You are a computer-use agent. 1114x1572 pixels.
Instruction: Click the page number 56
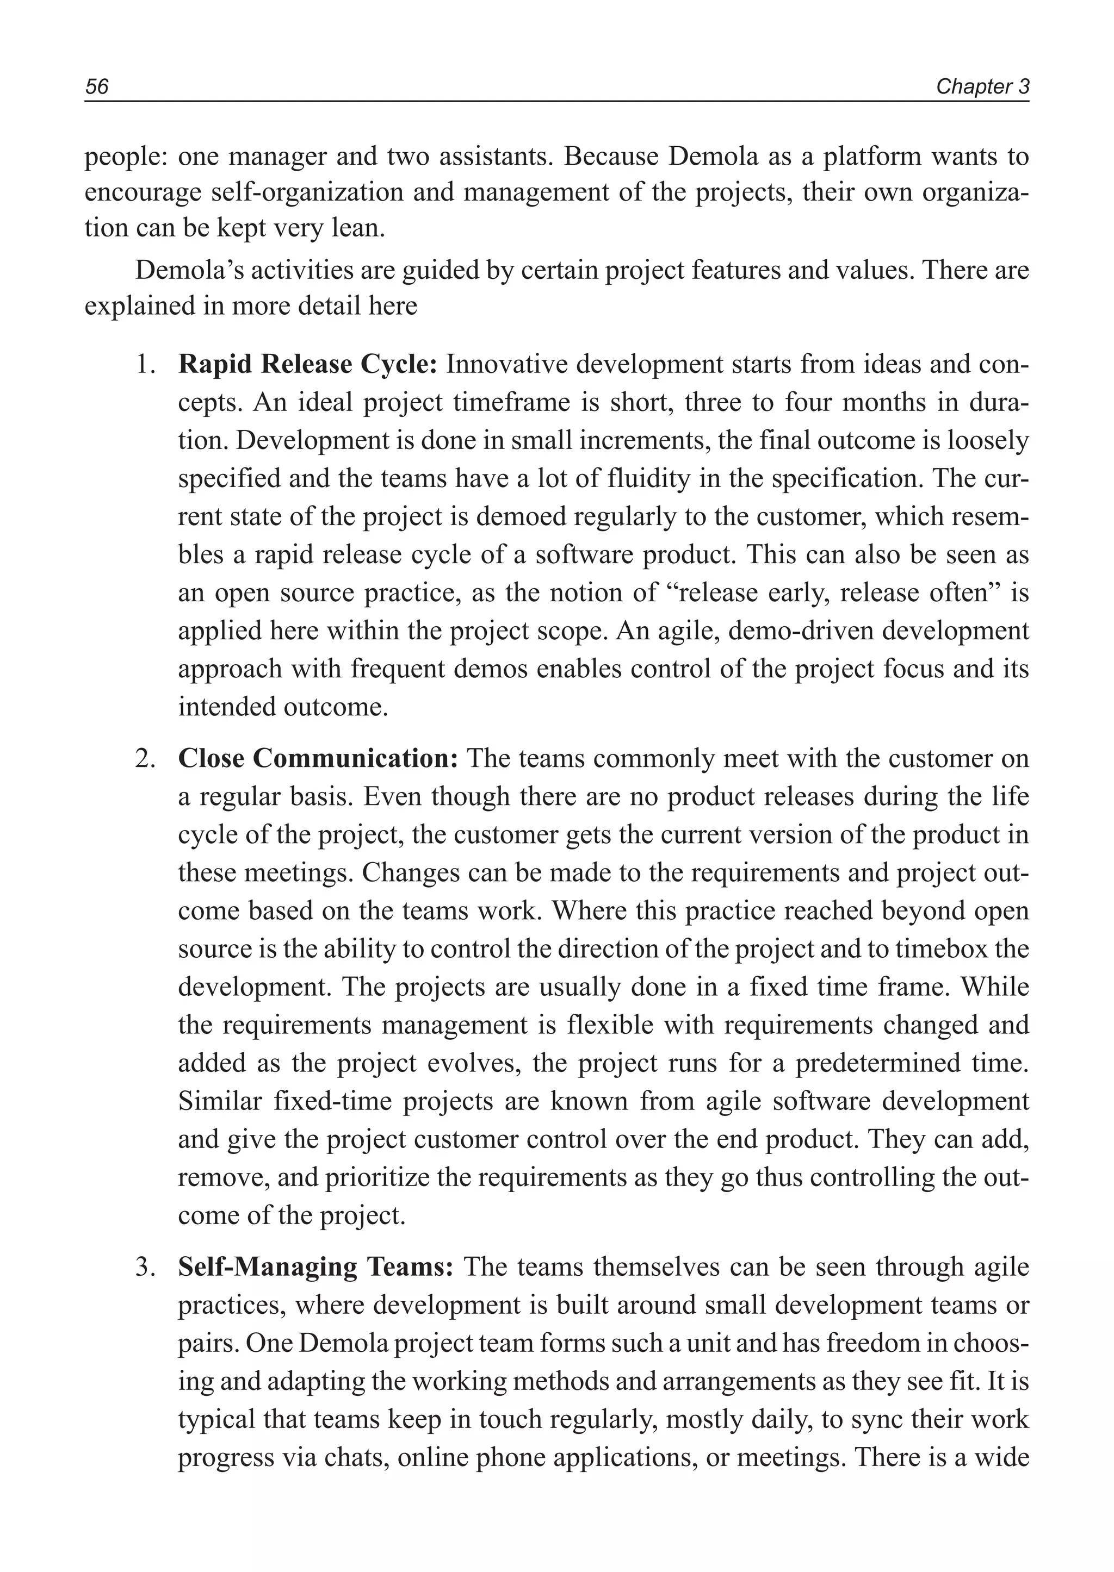point(97,86)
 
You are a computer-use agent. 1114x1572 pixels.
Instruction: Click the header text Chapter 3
point(982,86)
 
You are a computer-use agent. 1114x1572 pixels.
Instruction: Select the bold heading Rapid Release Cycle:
point(307,364)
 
